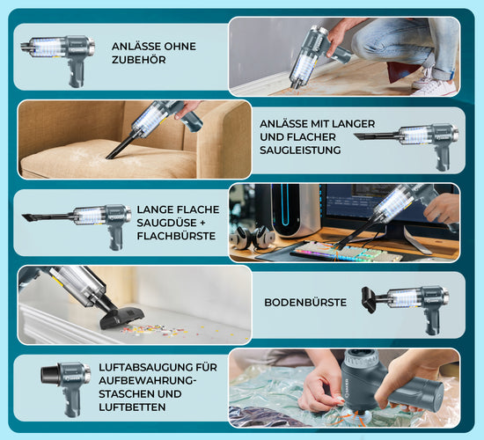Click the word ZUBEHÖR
[138, 60]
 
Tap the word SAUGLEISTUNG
[300, 150]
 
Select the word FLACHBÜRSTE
[176, 236]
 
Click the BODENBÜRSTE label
[305, 303]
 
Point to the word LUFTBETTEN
[132, 407]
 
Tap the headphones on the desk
[253, 237]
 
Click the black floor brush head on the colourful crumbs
[122, 317]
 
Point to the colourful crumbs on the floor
[160, 331]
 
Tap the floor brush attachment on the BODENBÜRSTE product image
[370, 299]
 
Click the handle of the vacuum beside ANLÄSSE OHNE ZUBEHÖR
[77, 73]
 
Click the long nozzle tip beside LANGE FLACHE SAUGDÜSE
[26, 216]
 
